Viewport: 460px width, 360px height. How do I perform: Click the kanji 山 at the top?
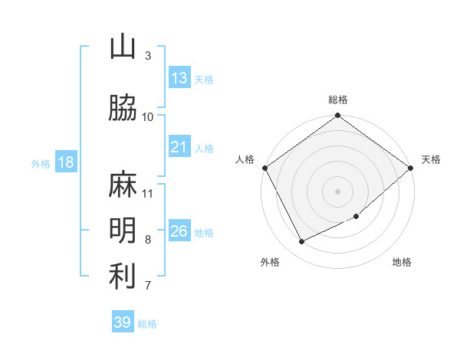click(123, 47)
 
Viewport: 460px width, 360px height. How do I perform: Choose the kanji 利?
click(123, 277)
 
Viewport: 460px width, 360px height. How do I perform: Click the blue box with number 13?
click(179, 78)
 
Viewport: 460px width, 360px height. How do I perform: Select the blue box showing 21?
click(179, 147)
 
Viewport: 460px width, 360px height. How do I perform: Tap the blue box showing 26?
click(179, 231)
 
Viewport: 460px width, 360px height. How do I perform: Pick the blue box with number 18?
click(65, 162)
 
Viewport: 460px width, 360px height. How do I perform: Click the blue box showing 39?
click(123, 322)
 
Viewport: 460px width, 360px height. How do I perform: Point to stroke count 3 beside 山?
click(148, 56)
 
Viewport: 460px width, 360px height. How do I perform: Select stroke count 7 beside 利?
click(148, 286)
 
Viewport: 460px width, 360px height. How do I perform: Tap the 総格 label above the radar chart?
click(338, 100)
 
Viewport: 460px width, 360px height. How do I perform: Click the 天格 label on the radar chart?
click(431, 159)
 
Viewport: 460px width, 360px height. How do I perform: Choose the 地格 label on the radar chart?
click(402, 262)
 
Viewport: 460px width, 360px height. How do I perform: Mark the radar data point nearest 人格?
click(265, 167)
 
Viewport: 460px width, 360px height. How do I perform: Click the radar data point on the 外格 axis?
click(302, 241)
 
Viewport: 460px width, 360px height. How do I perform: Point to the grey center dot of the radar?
click(338, 191)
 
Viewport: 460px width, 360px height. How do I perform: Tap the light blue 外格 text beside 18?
click(41, 163)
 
